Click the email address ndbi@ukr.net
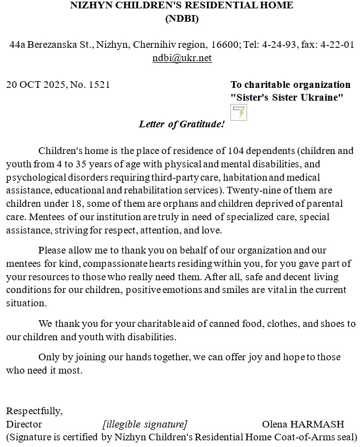182,58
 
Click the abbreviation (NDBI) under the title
182,18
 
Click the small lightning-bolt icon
239,112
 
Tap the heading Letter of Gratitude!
181,124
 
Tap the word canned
217,324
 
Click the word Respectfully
34,411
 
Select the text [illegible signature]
145,424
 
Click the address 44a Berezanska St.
51,44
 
